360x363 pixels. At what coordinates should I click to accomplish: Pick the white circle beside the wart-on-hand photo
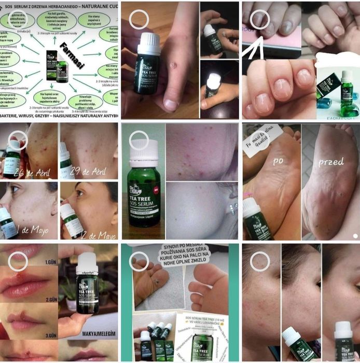[x=139, y=19]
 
